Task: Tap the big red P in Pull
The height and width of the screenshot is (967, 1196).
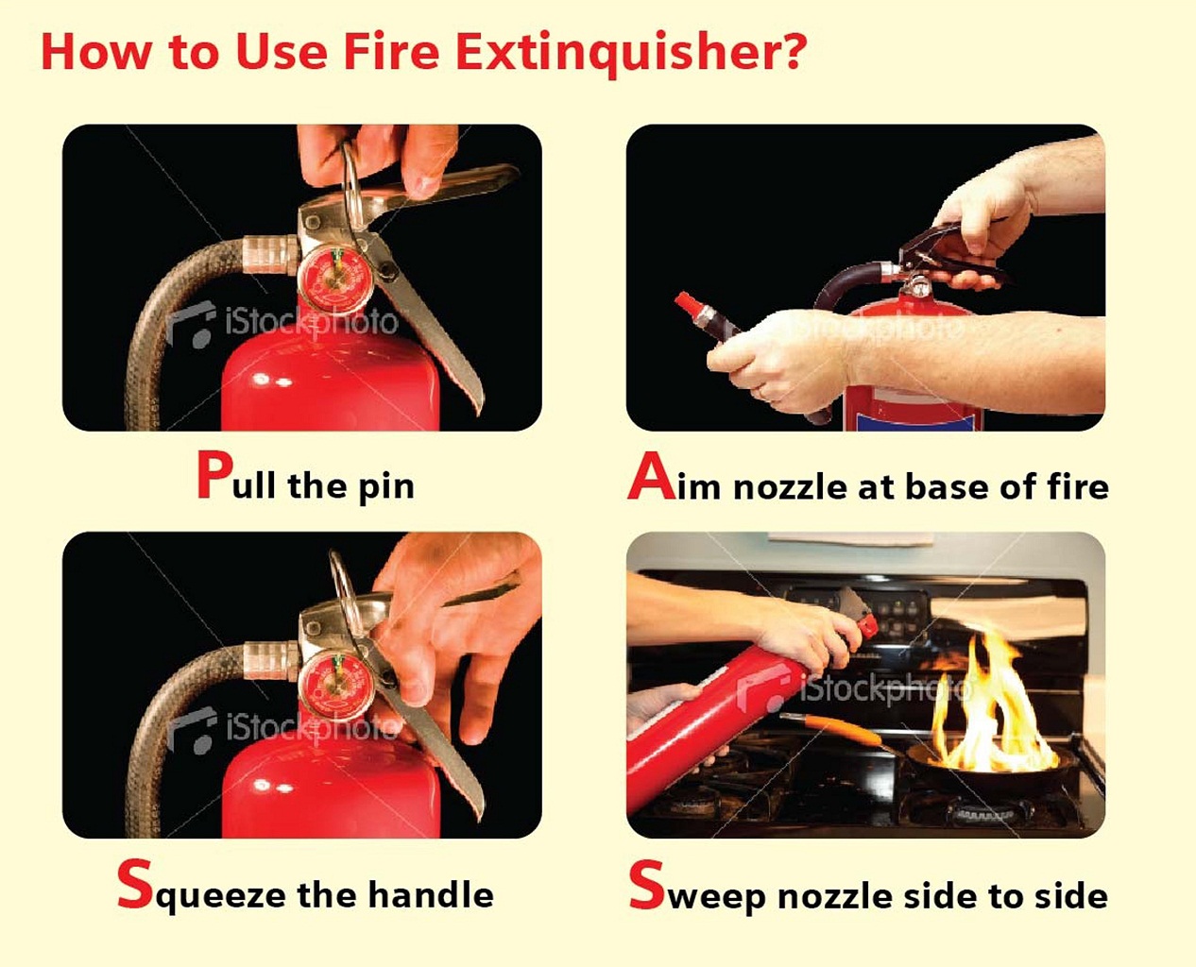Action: pyautogui.click(x=214, y=475)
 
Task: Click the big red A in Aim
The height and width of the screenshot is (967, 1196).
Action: pyautogui.click(x=651, y=477)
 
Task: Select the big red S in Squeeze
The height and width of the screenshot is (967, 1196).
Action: pyautogui.click(x=135, y=885)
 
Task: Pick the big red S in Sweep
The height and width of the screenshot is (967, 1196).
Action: pyautogui.click(x=647, y=886)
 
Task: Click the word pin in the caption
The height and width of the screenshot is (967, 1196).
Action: pyautogui.click(x=385, y=487)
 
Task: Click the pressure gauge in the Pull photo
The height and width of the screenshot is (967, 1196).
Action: pyautogui.click(x=331, y=275)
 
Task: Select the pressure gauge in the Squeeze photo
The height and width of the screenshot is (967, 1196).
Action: pyautogui.click(x=330, y=683)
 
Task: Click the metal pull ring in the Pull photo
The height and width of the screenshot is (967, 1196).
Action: pyautogui.click(x=352, y=189)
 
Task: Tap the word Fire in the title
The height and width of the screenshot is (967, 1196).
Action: pyautogui.click(x=390, y=52)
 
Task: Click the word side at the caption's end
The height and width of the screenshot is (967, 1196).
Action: pyautogui.click(x=1070, y=894)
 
